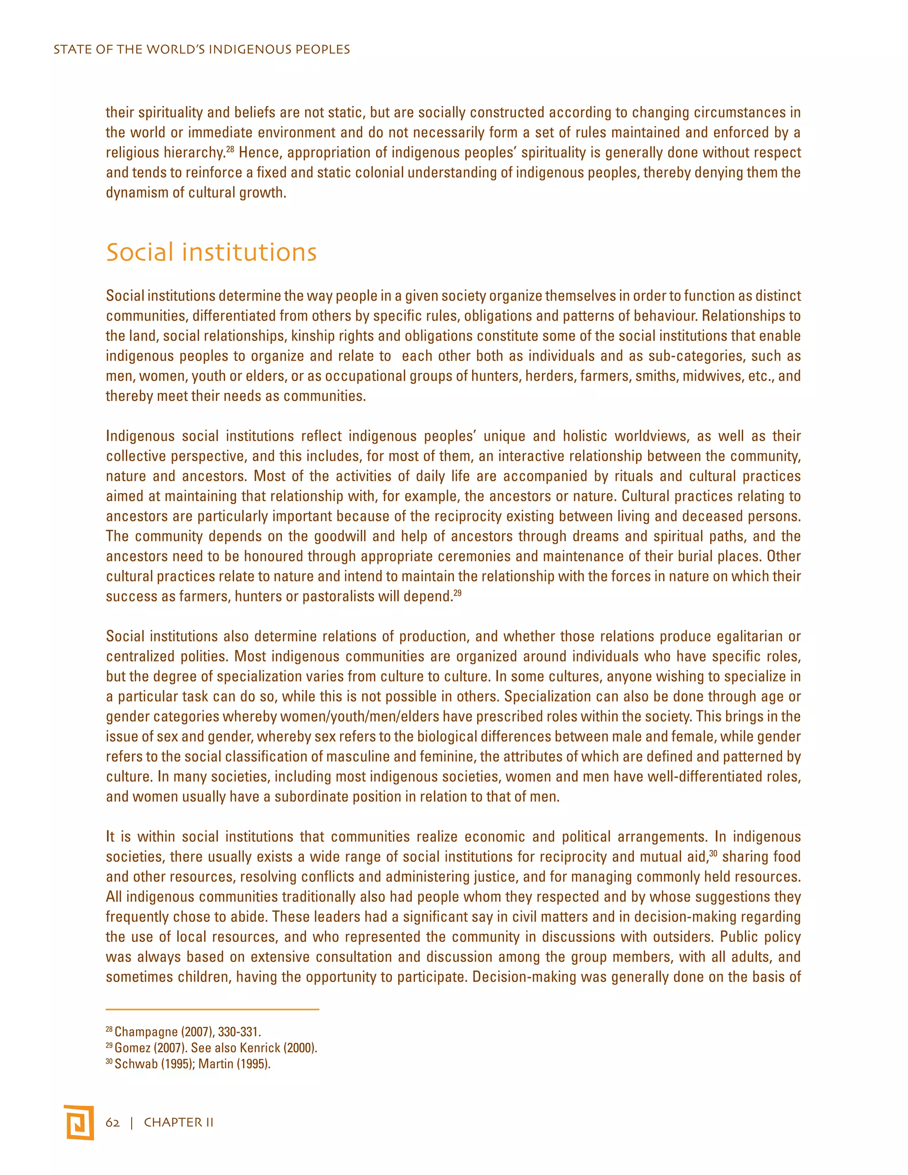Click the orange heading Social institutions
pos(211,252)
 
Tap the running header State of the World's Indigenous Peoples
pos(202,50)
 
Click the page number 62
pos(113,1122)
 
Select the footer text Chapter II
pos(179,1122)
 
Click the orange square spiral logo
pos(78,1122)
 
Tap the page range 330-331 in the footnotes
pos(239,1032)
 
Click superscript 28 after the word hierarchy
pos(230,149)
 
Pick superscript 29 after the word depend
pos(458,593)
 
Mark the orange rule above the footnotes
pos(212,1009)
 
